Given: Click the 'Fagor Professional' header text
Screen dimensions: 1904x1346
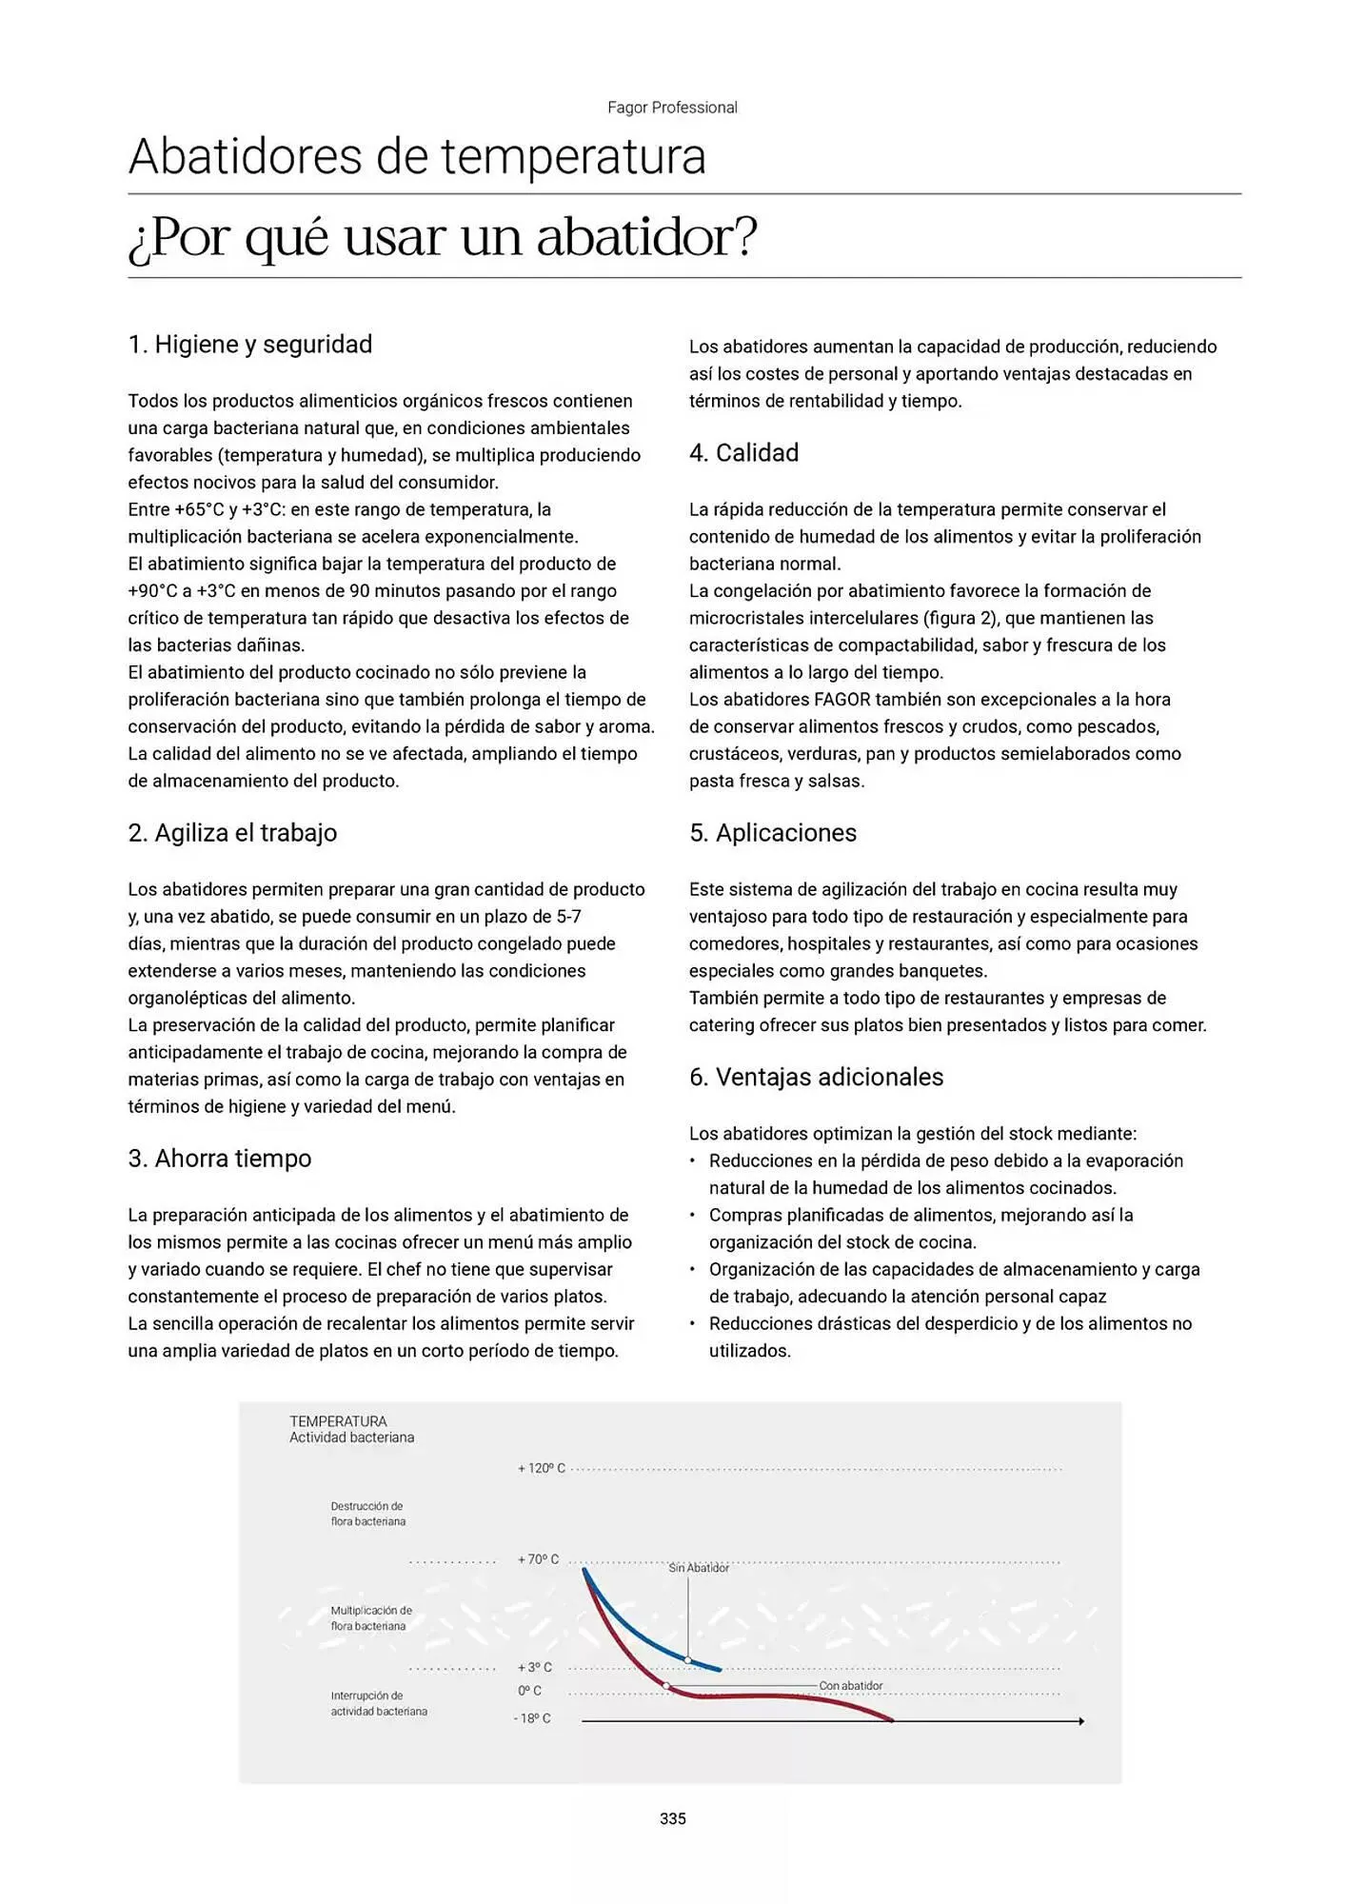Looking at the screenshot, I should [x=672, y=108].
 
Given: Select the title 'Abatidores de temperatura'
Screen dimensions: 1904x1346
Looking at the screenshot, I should [x=417, y=157].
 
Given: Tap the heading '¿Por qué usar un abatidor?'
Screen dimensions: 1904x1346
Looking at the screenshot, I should [x=443, y=237].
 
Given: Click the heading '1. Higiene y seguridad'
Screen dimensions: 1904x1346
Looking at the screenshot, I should [x=249, y=345].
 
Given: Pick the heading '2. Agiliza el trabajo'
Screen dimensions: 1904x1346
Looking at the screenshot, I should [x=232, y=833].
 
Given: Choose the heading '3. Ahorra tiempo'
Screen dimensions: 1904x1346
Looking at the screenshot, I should [x=220, y=1159].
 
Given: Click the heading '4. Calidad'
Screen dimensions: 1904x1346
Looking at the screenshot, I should [x=743, y=453].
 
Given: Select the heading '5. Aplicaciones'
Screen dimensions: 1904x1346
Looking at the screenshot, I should [x=772, y=833].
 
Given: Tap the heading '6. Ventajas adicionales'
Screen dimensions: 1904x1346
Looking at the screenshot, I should [x=816, y=1078].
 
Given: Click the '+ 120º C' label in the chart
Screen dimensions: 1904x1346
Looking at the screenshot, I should [x=541, y=1469].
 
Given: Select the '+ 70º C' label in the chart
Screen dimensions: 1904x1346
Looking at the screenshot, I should [x=538, y=1559].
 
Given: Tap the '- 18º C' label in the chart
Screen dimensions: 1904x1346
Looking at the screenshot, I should [x=532, y=1718].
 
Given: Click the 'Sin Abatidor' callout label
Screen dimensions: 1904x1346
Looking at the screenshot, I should [x=699, y=1568].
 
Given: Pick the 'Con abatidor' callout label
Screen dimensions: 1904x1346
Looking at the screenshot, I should [x=850, y=1686].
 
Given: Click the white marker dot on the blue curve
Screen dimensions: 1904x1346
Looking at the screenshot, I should [x=687, y=1659].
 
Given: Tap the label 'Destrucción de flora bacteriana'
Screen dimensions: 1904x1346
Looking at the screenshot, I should [x=367, y=1514].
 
